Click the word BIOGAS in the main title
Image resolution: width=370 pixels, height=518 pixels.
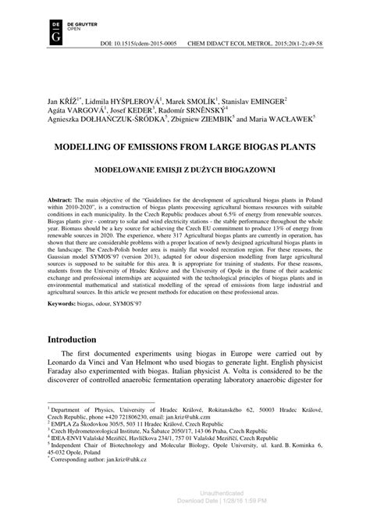coord(244,146)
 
